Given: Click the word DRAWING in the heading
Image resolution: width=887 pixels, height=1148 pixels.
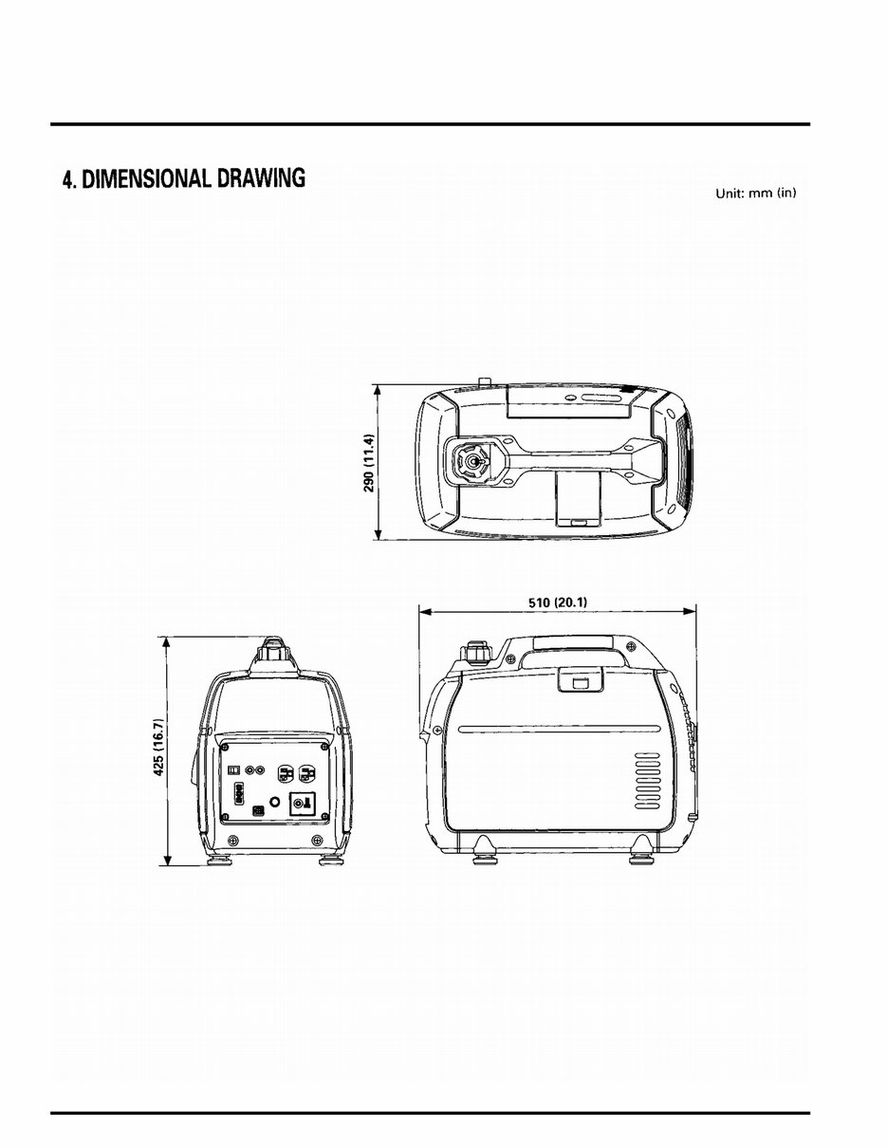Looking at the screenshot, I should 262,178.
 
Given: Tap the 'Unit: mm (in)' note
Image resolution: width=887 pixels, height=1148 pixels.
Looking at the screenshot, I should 755,194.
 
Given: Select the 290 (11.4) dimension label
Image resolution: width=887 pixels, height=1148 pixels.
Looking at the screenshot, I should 371,463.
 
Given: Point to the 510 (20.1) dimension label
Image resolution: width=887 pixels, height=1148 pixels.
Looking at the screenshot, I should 557,601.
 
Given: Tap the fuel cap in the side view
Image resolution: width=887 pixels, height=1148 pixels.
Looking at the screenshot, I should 475,654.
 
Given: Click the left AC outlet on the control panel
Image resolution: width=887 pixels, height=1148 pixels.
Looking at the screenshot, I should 284,773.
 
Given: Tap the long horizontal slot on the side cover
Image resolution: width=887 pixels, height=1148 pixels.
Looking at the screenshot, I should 558,730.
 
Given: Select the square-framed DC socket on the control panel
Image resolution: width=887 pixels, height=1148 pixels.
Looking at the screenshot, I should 303,805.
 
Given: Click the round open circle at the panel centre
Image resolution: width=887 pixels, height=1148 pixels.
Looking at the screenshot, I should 275,802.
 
